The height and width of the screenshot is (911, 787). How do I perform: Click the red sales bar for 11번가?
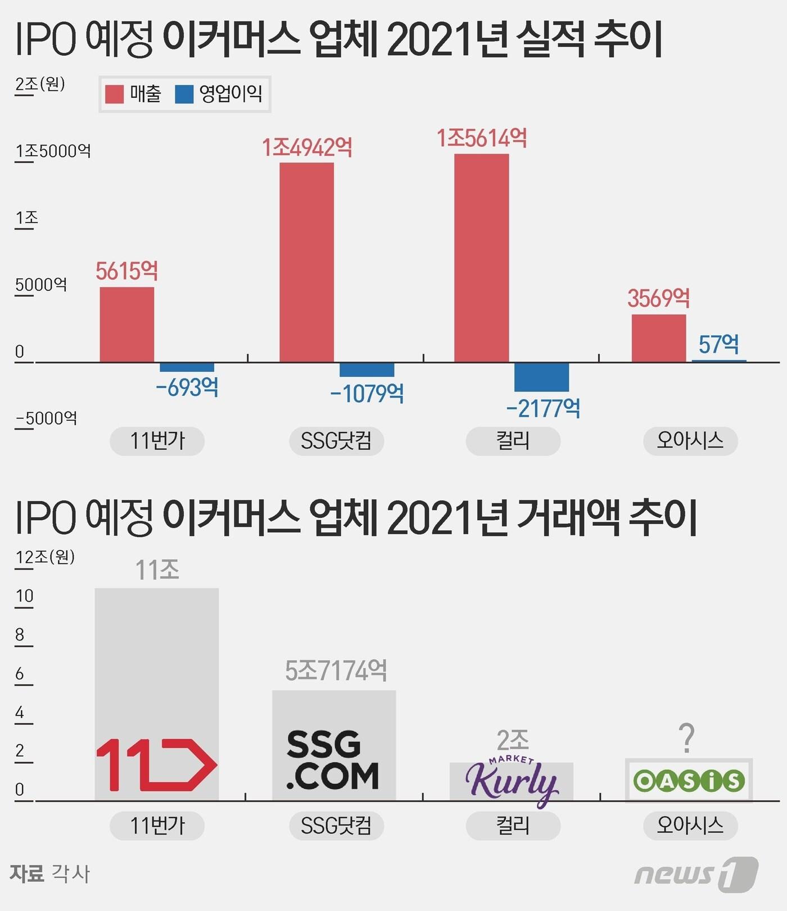[127, 324]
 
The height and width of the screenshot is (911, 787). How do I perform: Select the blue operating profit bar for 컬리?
[541, 377]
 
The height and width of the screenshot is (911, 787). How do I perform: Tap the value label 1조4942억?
[307, 148]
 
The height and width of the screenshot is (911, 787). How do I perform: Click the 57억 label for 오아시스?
[718, 344]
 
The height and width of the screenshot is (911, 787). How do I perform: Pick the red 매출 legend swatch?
[114, 94]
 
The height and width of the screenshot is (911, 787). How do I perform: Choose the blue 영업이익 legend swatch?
[184, 94]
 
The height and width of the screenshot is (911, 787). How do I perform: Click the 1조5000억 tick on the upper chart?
[53, 151]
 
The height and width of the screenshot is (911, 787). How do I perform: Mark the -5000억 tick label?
[46, 418]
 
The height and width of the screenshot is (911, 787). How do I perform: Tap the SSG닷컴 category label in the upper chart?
[336, 440]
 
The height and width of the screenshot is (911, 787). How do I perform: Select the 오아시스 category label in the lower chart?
[690, 826]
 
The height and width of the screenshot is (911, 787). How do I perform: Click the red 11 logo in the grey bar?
[156, 765]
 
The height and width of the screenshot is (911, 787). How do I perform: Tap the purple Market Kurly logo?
[511, 780]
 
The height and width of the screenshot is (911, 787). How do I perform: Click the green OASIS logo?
[689, 781]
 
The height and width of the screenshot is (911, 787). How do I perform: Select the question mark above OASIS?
[686, 738]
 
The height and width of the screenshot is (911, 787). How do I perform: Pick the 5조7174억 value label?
[336, 670]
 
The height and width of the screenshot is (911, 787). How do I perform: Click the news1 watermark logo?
[696, 874]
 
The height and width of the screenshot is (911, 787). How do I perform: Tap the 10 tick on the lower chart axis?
[25, 596]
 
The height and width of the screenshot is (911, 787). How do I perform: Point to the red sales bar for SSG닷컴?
[307, 262]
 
